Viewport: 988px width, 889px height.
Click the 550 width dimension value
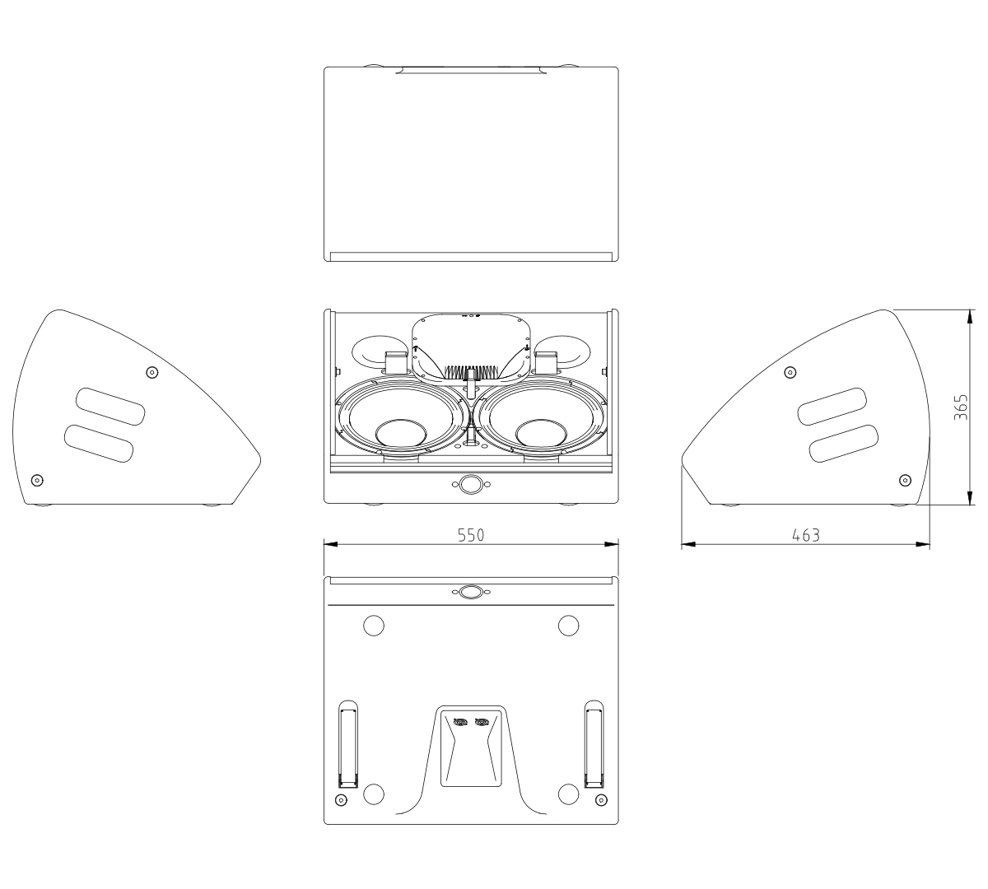471,534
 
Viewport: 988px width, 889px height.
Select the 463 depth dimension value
805,534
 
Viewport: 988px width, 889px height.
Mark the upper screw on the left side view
151,372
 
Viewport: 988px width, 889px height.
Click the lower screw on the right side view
906,480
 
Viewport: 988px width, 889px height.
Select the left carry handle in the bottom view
347,744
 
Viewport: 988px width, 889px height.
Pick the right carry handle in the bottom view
594,744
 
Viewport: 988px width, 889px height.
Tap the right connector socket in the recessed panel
482,723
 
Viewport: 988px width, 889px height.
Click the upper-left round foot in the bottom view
373,626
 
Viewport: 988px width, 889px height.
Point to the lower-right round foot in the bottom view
568,794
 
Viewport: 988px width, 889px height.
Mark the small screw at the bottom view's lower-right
599,800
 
